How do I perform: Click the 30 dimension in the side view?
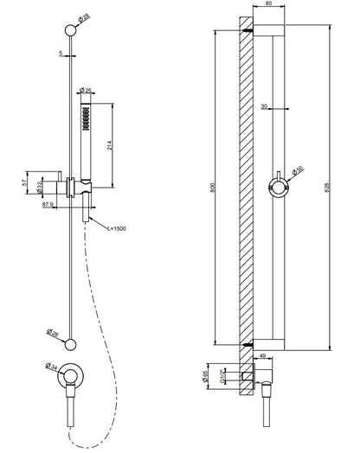pyautogui.click(x=263, y=106)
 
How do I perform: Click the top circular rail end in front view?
pyautogui.click(x=70, y=31)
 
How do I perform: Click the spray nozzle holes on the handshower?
pyautogui.click(x=85, y=116)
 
